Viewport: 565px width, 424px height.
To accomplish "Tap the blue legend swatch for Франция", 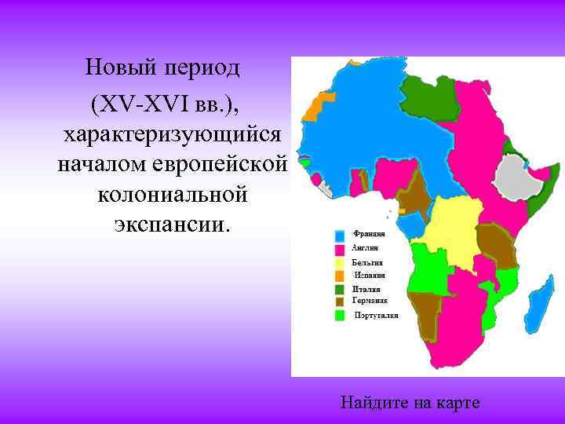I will tap(340, 235).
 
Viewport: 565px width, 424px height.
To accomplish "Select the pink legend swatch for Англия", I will tap(340, 249).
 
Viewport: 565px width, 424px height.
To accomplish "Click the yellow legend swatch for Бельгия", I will tap(340, 263).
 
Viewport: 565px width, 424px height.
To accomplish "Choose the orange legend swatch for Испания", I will tap(340, 276).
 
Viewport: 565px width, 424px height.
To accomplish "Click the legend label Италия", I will tap(365, 289).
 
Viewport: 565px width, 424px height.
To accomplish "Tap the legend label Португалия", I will tap(376, 315).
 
